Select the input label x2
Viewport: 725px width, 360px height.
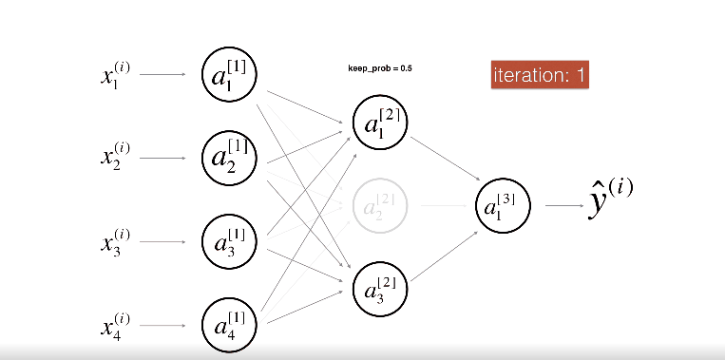coord(115,156)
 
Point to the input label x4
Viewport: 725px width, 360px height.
coord(115,327)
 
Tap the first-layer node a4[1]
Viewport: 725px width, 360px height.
coord(229,326)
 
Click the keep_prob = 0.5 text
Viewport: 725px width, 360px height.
coord(380,68)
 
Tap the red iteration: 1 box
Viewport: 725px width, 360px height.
coord(541,75)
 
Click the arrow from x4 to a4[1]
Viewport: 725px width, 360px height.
coord(162,327)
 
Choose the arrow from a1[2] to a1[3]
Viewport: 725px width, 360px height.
coord(444,158)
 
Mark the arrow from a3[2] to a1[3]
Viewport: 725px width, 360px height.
coord(444,251)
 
